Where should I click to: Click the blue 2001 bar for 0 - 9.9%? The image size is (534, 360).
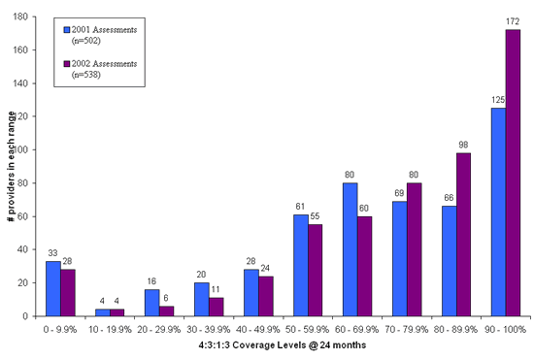click(52, 288)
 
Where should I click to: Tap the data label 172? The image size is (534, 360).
click(513, 22)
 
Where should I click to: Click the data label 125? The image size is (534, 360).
click(498, 100)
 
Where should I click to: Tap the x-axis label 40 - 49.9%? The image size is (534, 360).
click(259, 329)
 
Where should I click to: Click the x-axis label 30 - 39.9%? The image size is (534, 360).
click(211, 329)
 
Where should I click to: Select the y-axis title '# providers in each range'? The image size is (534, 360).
click(10, 167)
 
